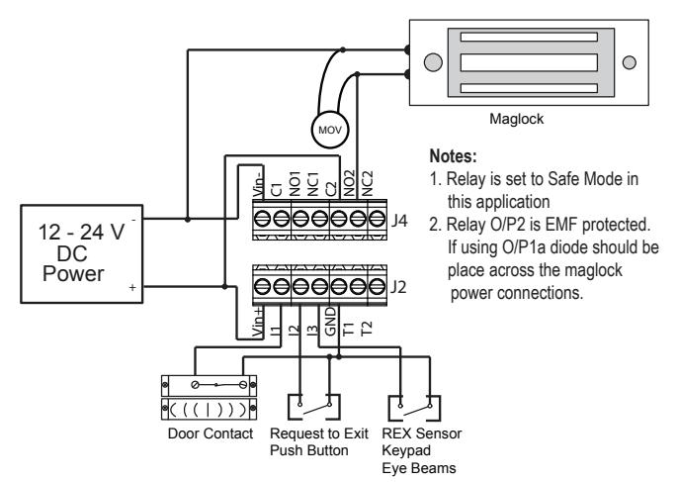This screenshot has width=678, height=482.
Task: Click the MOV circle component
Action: coord(329,130)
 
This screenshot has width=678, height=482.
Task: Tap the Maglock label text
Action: coord(516,119)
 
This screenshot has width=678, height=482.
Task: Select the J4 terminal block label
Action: coord(399,221)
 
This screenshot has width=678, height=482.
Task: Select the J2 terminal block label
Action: coord(398,287)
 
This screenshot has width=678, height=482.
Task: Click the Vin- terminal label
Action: coord(258,183)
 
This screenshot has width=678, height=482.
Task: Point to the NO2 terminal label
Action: coord(349,183)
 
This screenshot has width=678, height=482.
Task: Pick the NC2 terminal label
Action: coord(367,183)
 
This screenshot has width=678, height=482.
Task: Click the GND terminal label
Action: coord(330,322)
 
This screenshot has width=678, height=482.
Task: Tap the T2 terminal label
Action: coord(367,329)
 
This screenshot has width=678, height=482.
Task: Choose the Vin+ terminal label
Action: coord(258,323)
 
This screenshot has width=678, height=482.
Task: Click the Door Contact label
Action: coord(211,434)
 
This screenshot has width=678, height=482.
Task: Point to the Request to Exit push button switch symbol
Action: coord(314,407)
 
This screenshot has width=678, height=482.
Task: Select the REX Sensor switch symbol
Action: coord(414,408)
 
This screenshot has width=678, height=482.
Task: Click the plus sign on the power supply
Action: coord(132,287)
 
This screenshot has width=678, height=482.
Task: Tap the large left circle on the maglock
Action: coord(433,62)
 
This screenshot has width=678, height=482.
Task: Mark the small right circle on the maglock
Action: coord(630,62)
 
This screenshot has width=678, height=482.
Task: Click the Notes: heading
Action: coord(453,156)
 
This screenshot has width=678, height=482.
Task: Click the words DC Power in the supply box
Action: coord(73,263)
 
